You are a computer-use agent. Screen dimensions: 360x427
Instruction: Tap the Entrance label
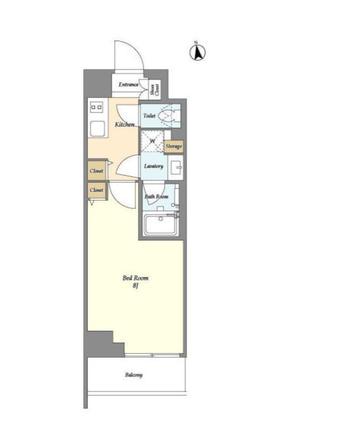tap(129, 85)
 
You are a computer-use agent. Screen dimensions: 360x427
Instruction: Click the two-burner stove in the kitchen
tap(97, 107)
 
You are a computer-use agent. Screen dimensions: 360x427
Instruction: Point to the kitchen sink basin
tap(97, 128)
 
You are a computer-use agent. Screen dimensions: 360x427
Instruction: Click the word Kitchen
tap(125, 125)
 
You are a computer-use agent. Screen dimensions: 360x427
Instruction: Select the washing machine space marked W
tap(152, 141)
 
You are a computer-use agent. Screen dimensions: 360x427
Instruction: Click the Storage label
tap(173, 146)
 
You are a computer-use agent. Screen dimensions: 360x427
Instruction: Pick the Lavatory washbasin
tap(176, 167)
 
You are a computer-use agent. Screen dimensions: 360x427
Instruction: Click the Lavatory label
tap(154, 166)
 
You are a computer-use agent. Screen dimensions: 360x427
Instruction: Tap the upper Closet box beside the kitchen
tap(97, 171)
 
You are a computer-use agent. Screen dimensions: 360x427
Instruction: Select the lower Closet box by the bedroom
tap(97, 190)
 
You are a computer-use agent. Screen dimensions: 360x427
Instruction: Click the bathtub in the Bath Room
tap(161, 225)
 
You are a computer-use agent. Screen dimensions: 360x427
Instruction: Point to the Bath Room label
tap(157, 196)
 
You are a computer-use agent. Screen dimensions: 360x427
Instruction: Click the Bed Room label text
tap(136, 278)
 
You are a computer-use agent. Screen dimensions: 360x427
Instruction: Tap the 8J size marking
tap(136, 285)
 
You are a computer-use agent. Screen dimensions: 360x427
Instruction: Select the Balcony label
tap(134, 375)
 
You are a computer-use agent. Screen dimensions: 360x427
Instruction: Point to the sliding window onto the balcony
tap(152, 355)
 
